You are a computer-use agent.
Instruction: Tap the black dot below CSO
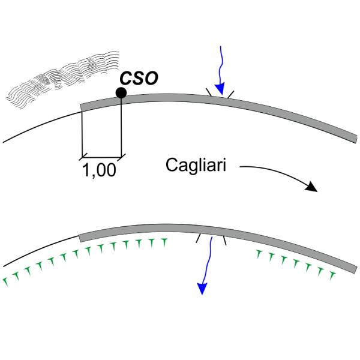121,92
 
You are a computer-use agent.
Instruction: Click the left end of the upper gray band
82,107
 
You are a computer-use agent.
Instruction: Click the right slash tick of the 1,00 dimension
121,157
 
